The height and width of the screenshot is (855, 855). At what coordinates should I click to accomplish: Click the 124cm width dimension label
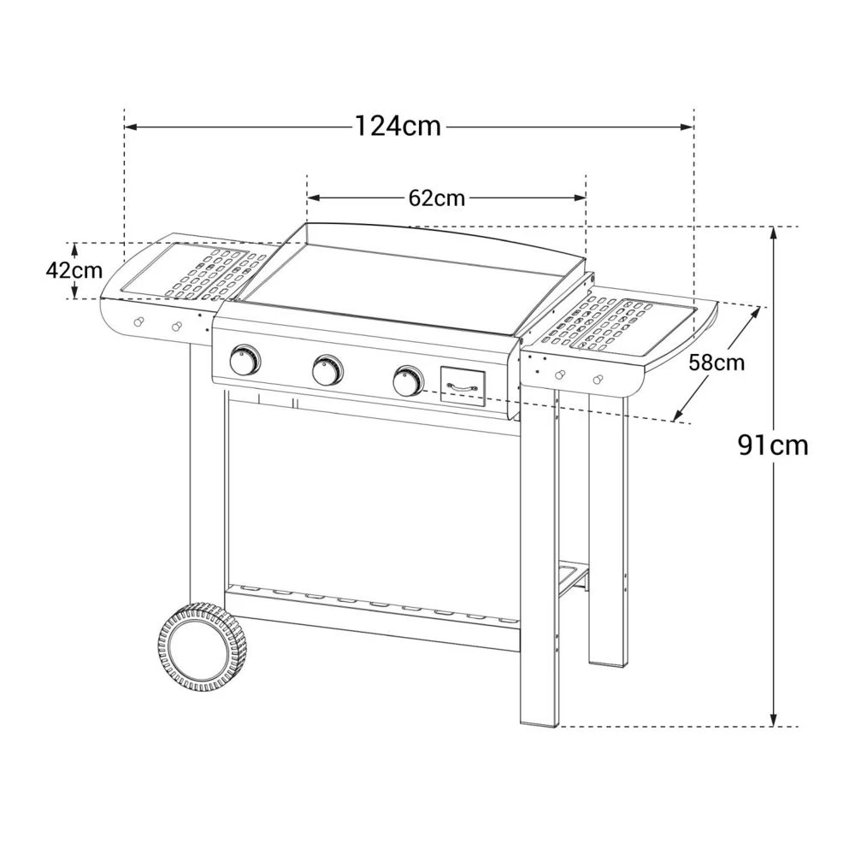(x=398, y=127)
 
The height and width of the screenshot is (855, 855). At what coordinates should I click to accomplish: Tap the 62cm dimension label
(x=437, y=198)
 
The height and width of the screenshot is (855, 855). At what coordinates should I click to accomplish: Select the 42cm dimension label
(x=74, y=271)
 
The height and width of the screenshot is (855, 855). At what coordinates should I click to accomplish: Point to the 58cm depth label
(x=716, y=363)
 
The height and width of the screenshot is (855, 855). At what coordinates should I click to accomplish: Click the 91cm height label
(x=773, y=445)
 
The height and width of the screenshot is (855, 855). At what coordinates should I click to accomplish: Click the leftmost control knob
(x=245, y=360)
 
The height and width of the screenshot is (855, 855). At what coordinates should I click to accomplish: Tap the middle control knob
(x=327, y=369)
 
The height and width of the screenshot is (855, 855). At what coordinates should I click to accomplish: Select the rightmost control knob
(x=408, y=380)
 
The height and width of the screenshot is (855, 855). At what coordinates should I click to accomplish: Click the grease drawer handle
(x=463, y=386)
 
